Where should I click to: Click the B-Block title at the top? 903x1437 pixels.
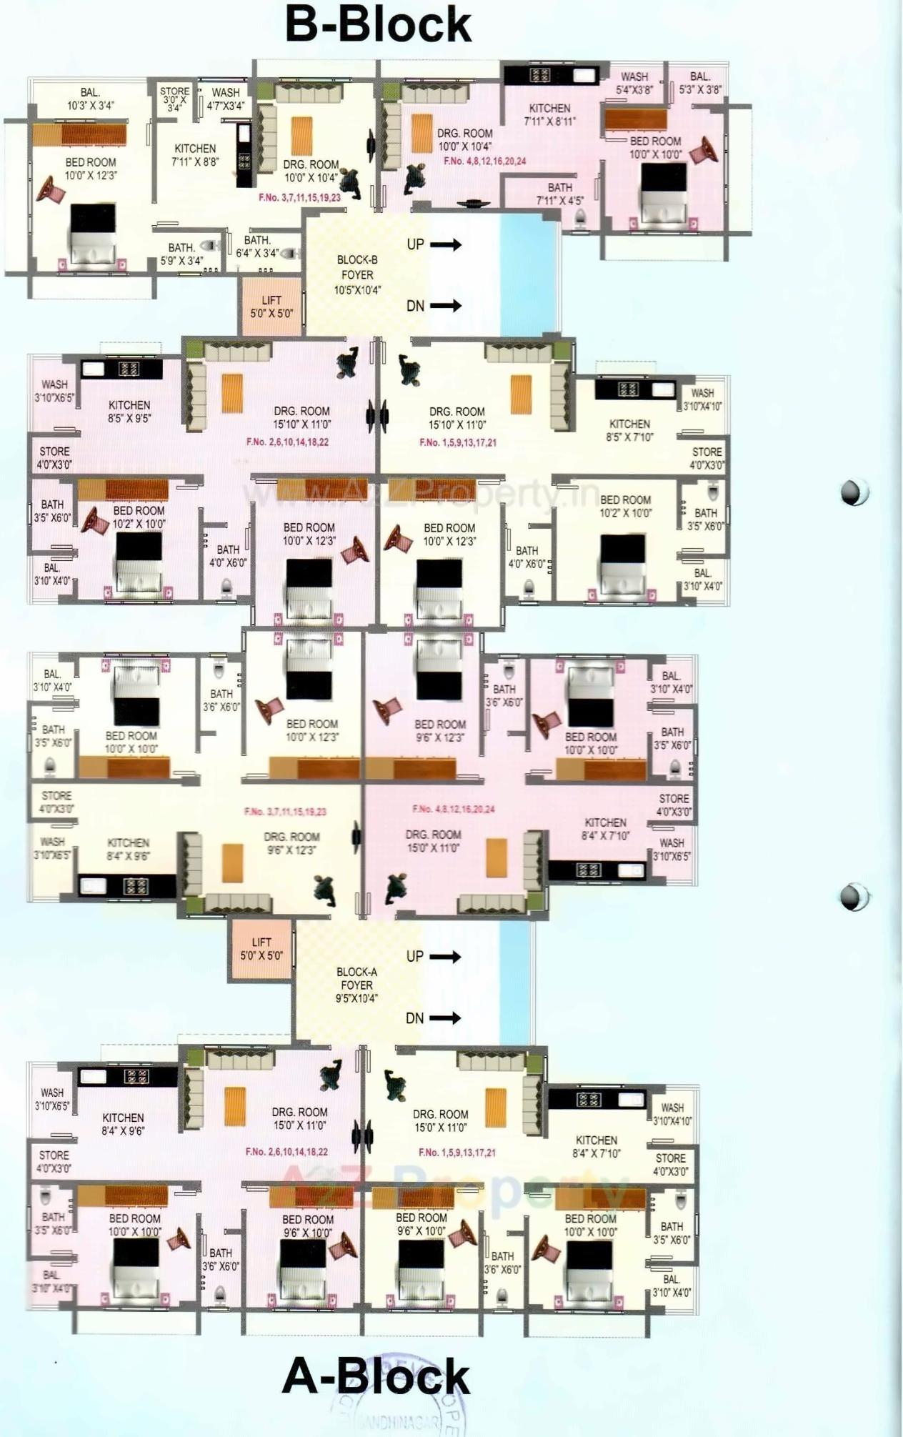tap(378, 25)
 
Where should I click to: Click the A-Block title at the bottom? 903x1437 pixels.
tap(376, 1376)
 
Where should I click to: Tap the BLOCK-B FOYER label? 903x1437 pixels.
tap(357, 275)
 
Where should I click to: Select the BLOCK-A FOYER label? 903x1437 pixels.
tap(356, 985)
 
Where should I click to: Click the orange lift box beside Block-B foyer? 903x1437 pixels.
tap(271, 307)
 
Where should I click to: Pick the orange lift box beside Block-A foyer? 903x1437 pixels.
tap(261, 949)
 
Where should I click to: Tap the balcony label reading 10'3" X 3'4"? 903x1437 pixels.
tap(90, 99)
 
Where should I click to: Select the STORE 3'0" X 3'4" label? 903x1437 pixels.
tap(174, 99)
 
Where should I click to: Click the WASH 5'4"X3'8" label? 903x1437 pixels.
tap(634, 83)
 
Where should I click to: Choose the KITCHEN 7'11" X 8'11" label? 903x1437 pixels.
tap(549, 114)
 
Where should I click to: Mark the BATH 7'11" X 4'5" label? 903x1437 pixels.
tap(559, 194)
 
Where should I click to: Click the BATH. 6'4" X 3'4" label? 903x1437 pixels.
tap(257, 247)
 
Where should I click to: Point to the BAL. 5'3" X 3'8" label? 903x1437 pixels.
tap(700, 83)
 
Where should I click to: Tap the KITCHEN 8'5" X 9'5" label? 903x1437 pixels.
tap(129, 412)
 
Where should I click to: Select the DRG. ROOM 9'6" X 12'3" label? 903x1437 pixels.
tap(291, 843)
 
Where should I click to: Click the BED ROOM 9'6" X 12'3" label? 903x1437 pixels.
tap(440, 730)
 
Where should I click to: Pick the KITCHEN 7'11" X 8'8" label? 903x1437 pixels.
tap(195, 155)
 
